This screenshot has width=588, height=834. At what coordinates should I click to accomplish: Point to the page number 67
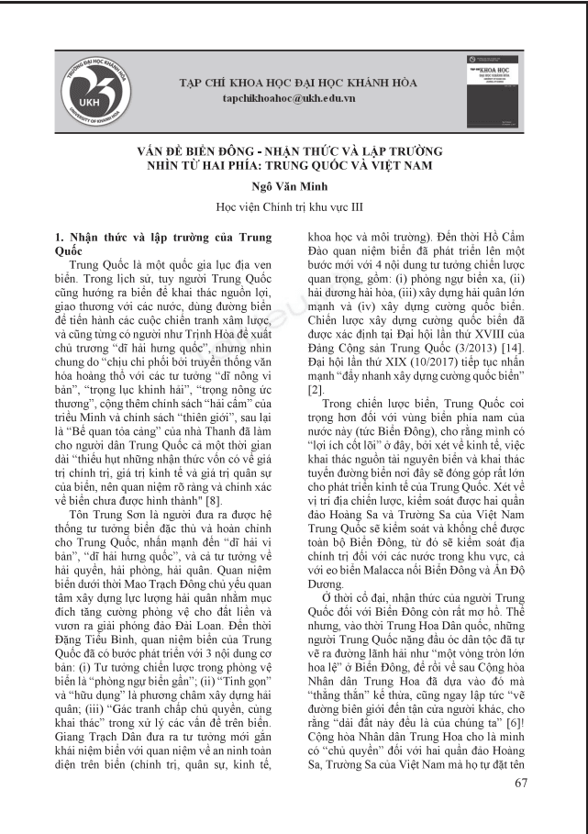coord(521,783)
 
